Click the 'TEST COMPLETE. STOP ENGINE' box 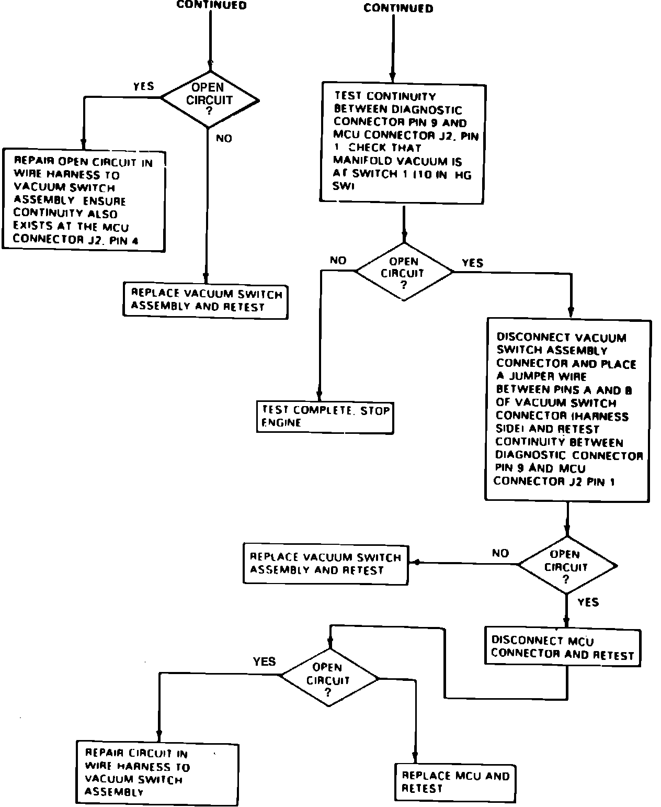pos(325,417)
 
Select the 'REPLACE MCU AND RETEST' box pos(454,782)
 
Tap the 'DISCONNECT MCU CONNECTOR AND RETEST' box pos(562,647)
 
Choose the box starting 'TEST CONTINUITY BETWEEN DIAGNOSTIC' pos(402,142)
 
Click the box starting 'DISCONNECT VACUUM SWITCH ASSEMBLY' pos(568,410)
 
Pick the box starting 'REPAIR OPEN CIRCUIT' pos(84,200)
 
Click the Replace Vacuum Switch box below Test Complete pos(325,564)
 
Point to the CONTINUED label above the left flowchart pos(211,5)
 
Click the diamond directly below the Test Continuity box pos(403,272)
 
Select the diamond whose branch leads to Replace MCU pos(328,679)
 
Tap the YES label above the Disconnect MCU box pos(588,602)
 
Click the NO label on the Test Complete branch pos(338,260)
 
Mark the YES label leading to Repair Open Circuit pos(143,86)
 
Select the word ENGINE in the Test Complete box pos(281,423)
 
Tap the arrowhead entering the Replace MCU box pos(415,758)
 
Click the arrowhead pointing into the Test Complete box pos(319,396)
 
